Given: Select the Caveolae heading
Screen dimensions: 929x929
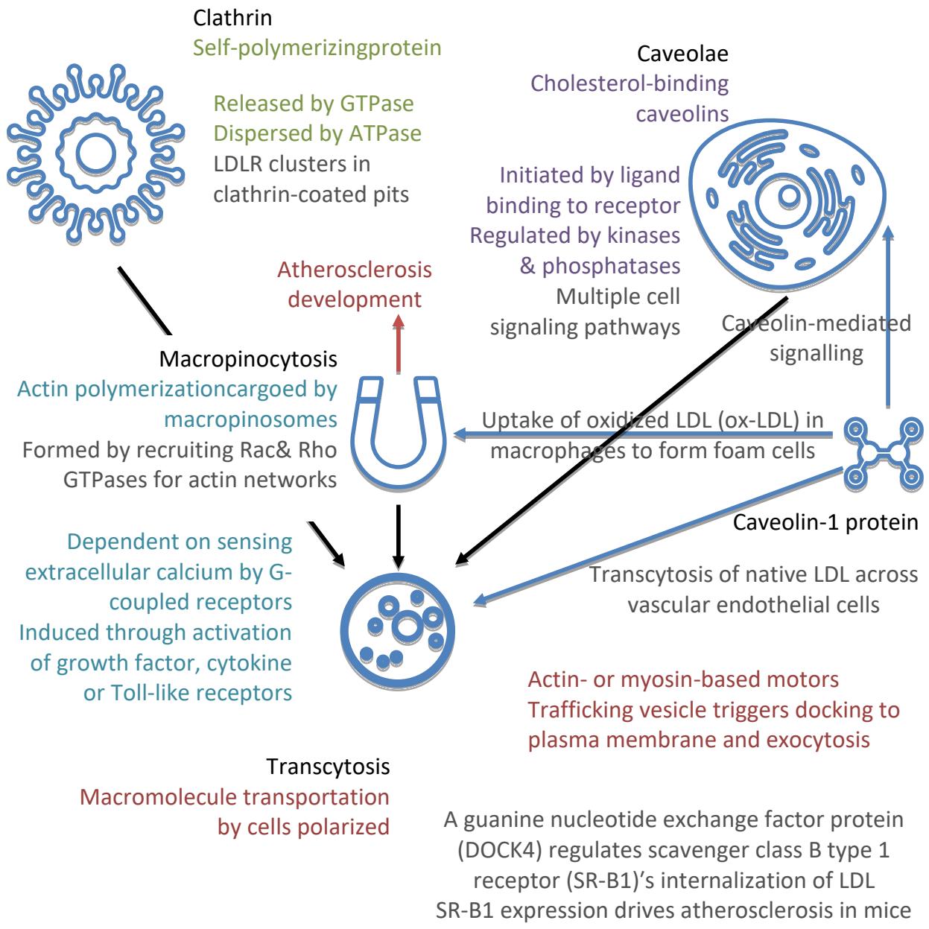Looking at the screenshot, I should click(x=682, y=54).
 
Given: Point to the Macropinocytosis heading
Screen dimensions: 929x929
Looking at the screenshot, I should click(x=248, y=359).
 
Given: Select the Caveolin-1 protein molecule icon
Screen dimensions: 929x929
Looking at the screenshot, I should click(x=881, y=454).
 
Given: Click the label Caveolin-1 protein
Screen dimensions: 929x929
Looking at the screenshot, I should click(x=825, y=522).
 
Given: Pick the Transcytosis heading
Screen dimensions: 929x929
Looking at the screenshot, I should click(x=328, y=766).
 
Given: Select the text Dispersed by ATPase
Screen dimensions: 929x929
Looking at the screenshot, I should click(x=317, y=133).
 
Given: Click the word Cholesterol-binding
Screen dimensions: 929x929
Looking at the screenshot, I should click(x=630, y=83).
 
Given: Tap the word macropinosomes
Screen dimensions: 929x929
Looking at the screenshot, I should click(x=250, y=419).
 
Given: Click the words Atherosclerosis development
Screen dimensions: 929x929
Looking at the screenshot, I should click(x=354, y=284).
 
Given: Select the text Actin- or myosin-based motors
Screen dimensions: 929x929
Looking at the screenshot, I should click(x=683, y=679).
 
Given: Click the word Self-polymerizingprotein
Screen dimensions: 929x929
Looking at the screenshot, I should click(x=317, y=48).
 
